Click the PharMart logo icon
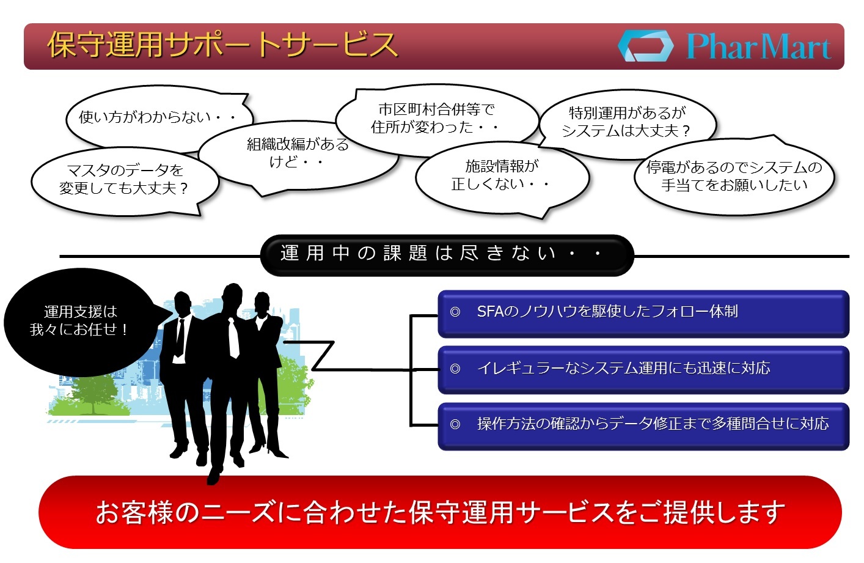tap(646, 46)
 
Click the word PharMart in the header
tap(758, 46)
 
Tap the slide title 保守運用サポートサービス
tap(222, 45)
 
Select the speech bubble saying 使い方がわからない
tap(159, 118)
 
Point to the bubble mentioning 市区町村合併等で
tap(437, 120)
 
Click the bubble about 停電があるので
tap(734, 176)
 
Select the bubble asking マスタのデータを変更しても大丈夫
tap(124, 180)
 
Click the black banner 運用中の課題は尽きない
tap(447, 255)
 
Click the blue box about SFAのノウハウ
tap(643, 314)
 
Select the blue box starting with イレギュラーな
tap(643, 370)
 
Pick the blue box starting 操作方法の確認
tap(643, 426)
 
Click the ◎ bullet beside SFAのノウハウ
tap(455, 312)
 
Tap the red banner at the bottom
tap(440, 512)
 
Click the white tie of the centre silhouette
tap(233, 339)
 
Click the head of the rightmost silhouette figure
tap(262, 302)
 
